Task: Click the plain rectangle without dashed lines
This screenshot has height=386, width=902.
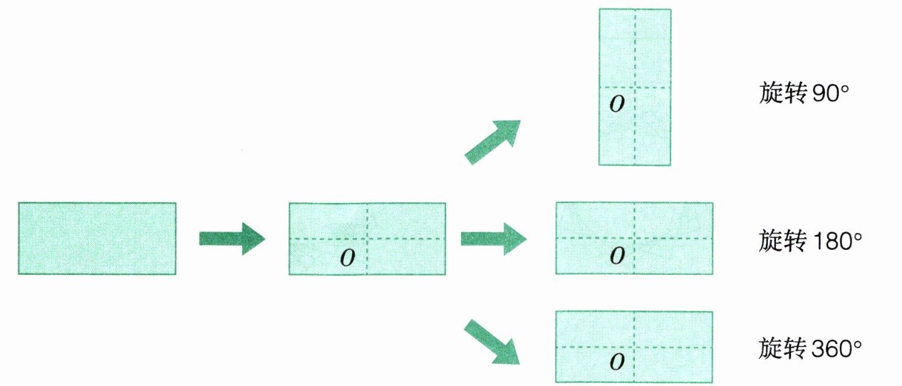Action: coord(97,239)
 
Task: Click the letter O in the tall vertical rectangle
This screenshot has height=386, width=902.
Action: coord(618,104)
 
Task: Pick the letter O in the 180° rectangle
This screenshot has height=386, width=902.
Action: coord(618,254)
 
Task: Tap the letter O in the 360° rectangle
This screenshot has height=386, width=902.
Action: coord(618,362)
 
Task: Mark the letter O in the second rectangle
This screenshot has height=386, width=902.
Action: coord(348,256)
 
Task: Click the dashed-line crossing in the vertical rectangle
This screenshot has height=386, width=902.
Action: coord(634,88)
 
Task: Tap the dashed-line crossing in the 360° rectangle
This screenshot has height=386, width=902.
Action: coord(634,347)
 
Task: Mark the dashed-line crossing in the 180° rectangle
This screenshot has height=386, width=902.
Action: coord(634,238)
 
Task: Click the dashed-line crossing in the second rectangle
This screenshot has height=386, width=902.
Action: coord(367,238)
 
